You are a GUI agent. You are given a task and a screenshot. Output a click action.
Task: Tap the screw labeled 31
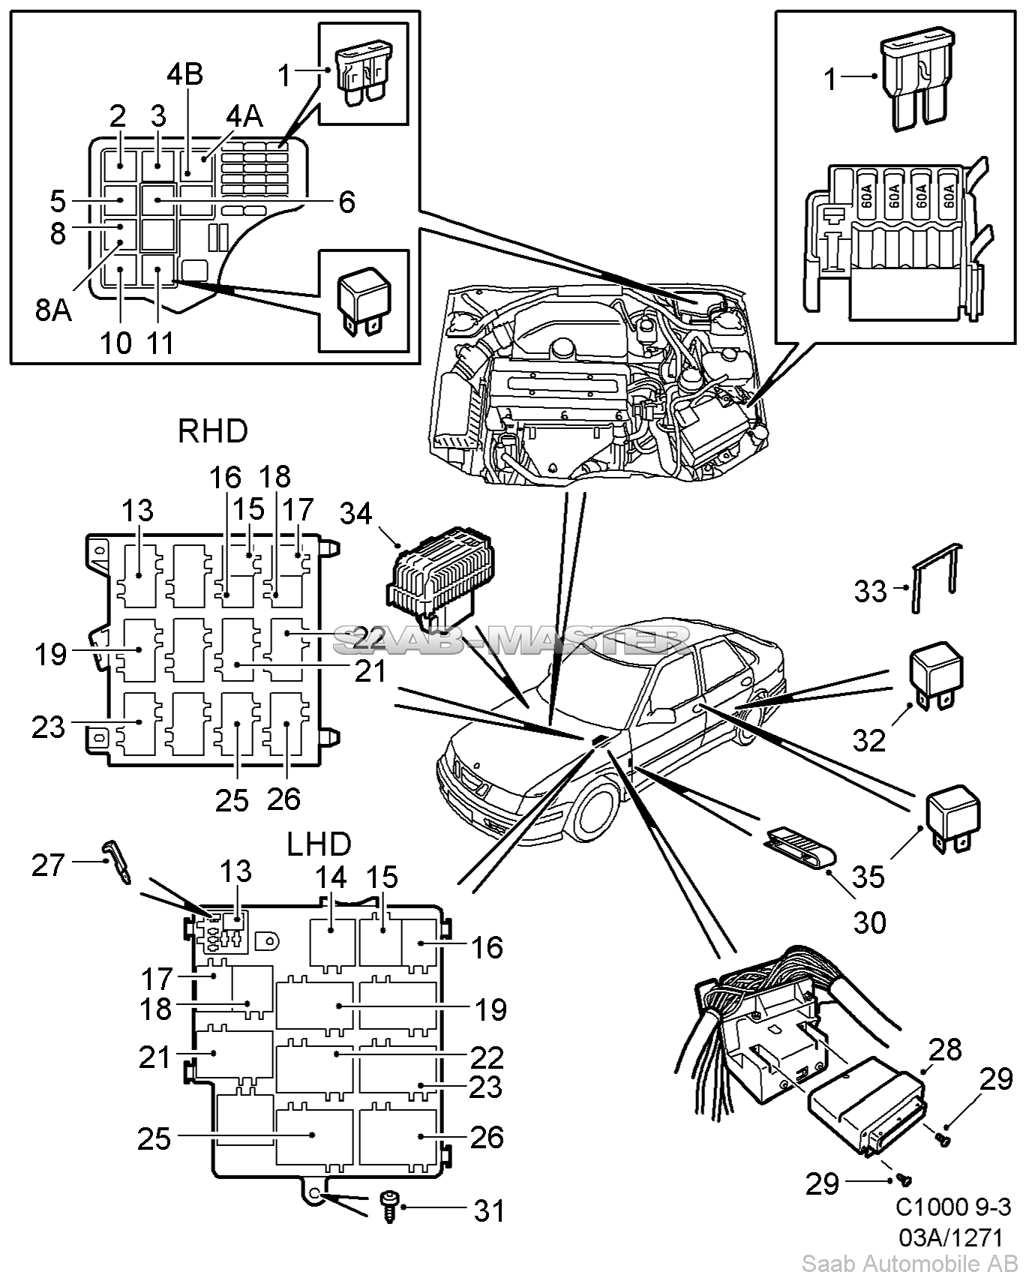(389, 1207)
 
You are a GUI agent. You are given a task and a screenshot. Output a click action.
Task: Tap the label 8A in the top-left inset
(54, 309)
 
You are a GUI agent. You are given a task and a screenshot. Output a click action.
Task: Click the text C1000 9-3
(953, 1207)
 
